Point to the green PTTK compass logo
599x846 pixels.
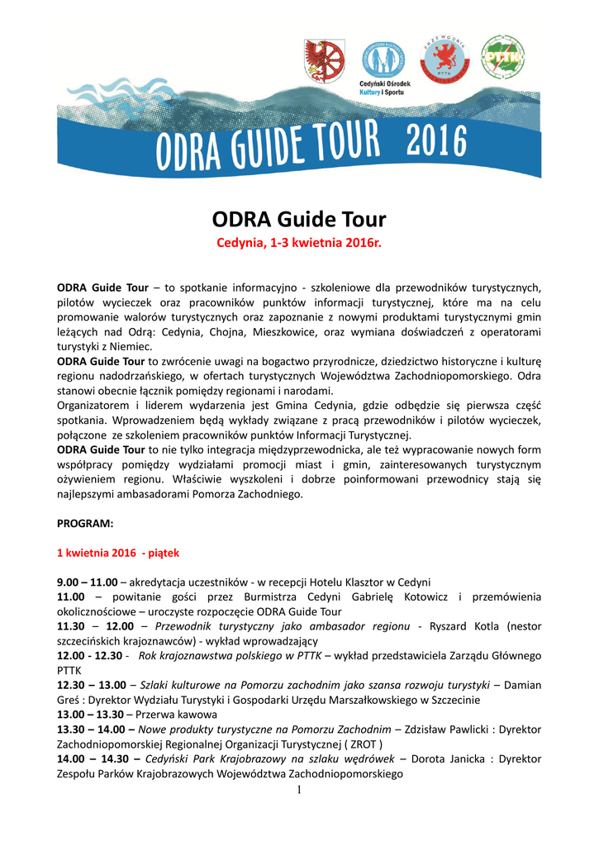(x=502, y=57)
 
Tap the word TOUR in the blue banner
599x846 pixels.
(x=334, y=147)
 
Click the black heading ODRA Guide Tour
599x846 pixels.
(x=299, y=220)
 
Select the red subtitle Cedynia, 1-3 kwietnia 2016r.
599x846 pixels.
(x=299, y=244)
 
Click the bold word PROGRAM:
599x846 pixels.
(x=85, y=523)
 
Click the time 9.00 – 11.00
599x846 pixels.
(x=87, y=582)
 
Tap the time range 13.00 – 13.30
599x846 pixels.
(x=90, y=714)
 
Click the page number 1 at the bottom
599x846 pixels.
(x=299, y=791)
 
